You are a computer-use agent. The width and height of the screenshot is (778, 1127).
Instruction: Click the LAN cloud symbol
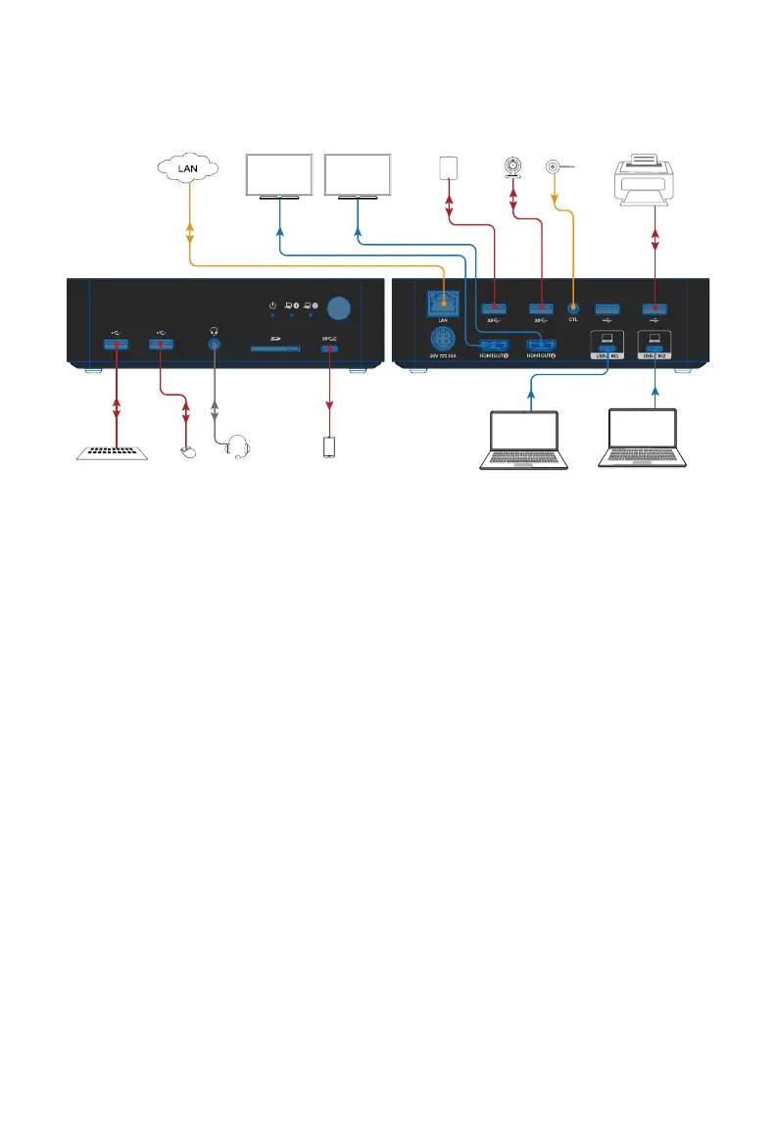pos(189,168)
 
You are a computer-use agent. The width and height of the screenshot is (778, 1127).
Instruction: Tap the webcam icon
pos(511,169)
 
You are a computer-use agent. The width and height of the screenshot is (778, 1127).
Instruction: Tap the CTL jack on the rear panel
pos(573,308)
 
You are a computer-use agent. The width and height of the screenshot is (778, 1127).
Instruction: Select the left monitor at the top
pos(278,175)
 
